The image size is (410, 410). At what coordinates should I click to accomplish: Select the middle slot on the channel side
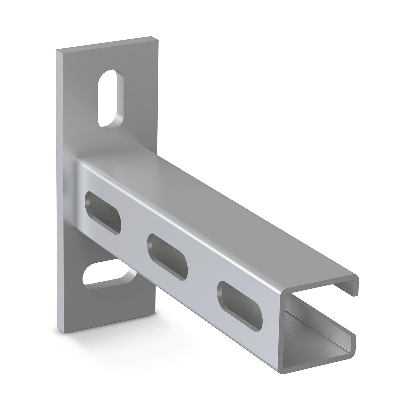tap(168, 257)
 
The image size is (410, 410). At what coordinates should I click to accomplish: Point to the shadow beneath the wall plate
tap(108, 331)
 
